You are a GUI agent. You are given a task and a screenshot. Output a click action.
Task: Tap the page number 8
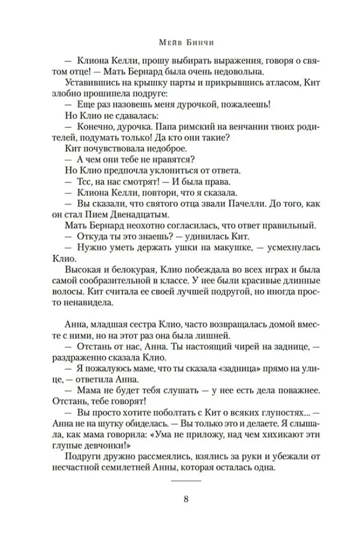[186, 498]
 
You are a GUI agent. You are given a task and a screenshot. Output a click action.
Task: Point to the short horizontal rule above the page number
[186, 480]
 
